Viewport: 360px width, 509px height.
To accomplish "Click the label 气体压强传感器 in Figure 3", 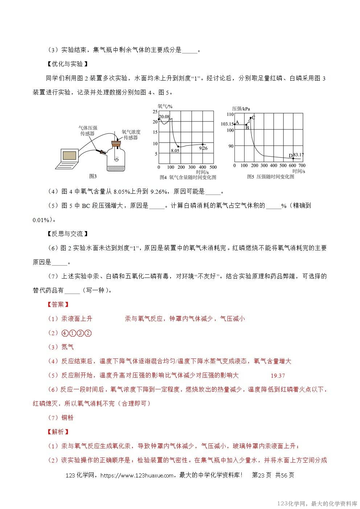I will (x=88, y=131).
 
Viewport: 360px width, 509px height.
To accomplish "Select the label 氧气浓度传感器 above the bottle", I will (x=131, y=135).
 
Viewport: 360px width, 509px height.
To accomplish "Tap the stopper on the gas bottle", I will (x=116, y=144).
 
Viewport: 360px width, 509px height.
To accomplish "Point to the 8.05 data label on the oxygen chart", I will (x=175, y=151).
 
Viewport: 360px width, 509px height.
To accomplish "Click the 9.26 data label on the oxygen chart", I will (x=203, y=148).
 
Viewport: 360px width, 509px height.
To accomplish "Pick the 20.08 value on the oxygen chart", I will (x=164, y=116).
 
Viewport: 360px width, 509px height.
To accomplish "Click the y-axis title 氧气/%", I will (x=165, y=106).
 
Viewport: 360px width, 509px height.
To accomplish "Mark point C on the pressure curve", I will (x=253, y=117).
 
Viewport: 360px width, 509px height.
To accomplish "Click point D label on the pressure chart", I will (x=290, y=156).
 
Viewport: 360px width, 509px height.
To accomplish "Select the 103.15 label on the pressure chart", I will (x=227, y=124).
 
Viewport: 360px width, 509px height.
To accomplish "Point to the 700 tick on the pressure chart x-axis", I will (x=302, y=166).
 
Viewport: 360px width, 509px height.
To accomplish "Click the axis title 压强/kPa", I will (x=241, y=108).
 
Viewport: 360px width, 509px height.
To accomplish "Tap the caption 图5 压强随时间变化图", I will (x=270, y=177).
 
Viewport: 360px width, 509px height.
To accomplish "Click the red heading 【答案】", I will (x=58, y=304).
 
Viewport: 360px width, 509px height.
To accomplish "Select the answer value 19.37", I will (x=278, y=376).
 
